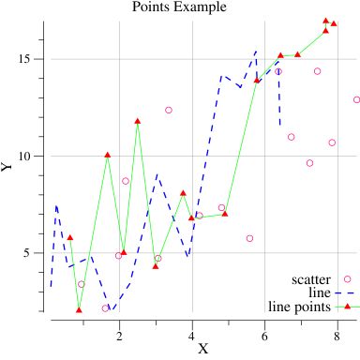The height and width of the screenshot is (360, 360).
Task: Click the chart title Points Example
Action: tap(179, 7)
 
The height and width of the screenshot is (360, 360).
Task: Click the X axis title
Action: tap(202, 349)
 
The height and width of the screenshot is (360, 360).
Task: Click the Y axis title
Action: tap(8, 167)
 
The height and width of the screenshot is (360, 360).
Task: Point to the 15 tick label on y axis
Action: tap(26, 59)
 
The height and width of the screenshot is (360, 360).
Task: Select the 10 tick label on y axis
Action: tap(26, 156)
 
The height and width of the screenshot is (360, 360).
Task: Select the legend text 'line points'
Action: tap(298, 306)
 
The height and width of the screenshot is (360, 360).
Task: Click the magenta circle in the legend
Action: tap(347, 278)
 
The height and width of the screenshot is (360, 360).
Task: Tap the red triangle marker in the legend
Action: tap(347, 305)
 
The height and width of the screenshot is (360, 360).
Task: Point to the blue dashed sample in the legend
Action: tap(346, 292)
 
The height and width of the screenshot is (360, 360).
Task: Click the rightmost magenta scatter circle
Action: tap(357, 99)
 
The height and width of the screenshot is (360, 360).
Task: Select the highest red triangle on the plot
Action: tap(326, 21)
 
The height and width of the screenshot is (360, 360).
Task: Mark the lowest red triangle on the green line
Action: tap(80, 308)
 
